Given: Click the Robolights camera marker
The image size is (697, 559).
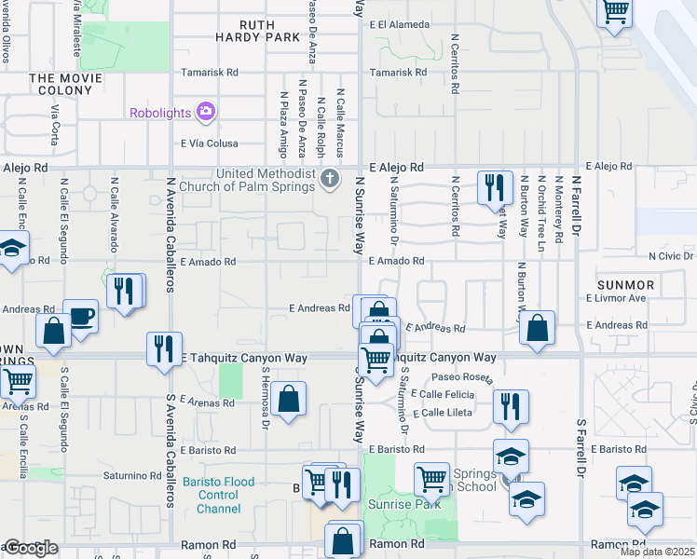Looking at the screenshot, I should (206, 113).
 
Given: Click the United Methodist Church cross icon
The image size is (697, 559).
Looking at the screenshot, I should (329, 179).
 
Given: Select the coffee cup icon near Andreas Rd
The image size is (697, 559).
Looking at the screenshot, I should (80, 315).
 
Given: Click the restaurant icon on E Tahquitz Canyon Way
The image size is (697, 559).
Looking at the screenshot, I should (164, 348).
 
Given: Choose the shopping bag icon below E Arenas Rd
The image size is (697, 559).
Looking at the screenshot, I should (290, 399).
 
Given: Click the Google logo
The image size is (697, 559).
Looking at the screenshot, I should (30, 548).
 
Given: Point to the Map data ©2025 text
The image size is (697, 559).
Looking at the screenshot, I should (656, 552).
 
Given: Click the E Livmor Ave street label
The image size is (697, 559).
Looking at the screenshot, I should (616, 298).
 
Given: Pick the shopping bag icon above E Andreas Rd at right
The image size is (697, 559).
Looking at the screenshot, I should (537, 328).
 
